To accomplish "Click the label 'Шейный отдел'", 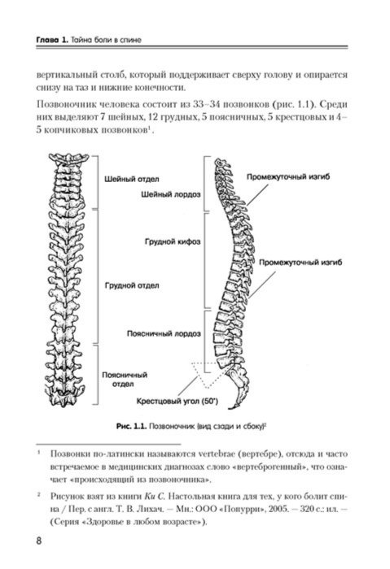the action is tap(132, 179).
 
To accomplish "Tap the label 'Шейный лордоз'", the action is tap(171, 194).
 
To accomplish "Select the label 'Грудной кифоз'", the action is tap(173, 241).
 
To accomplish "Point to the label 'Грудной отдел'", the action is tap(132, 285).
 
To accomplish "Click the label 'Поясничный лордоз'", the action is tap(164, 333).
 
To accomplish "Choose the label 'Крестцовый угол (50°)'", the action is tap(177, 402).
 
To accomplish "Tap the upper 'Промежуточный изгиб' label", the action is tap(288, 177).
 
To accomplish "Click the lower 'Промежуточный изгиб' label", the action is tap(300, 263).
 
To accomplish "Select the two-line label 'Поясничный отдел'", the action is tap(125, 380).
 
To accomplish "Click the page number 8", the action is tap(38, 541).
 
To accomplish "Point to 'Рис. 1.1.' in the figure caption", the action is tap(131, 427).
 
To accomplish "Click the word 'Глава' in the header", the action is tap(47, 40).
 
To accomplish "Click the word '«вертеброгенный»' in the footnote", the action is tap(269, 467).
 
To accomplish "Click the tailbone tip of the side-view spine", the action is tap(230, 408).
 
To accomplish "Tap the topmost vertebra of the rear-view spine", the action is tap(68, 158).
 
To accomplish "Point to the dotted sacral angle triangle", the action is tap(206, 374).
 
